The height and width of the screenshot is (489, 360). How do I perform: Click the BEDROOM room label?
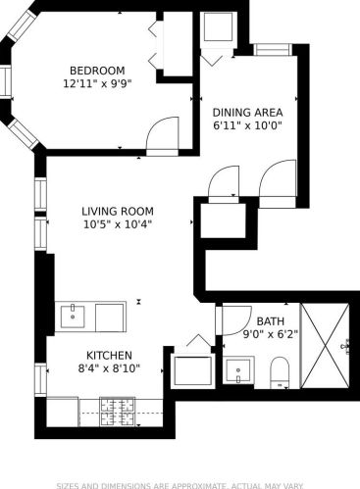96,70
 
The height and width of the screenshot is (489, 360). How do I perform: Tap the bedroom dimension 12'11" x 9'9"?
96,84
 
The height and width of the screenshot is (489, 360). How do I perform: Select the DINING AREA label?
240,112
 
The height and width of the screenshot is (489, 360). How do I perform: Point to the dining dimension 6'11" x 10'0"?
240,126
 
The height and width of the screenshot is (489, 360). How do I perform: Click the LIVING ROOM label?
116,210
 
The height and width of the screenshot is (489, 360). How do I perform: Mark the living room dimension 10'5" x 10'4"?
116,224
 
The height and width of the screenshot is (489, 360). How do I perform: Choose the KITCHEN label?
108,355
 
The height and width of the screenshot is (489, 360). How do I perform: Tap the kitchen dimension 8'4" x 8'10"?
108,369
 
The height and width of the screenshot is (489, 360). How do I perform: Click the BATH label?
269,320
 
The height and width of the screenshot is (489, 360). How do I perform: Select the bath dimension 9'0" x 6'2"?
269,334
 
